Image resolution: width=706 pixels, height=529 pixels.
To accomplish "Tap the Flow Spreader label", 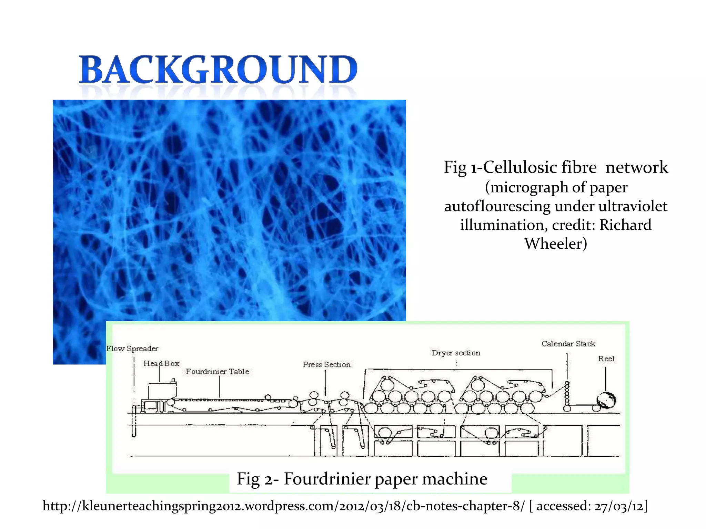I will point(132,349).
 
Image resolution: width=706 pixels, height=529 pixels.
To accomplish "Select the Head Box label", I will point(161,363).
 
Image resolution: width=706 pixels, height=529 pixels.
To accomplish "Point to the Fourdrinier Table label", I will point(217,371).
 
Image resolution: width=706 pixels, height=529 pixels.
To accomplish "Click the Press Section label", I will point(326,364).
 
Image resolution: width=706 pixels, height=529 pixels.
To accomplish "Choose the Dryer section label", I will point(456,353).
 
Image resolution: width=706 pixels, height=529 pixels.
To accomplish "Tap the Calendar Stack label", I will point(568,343).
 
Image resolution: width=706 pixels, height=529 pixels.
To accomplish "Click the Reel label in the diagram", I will point(606,359).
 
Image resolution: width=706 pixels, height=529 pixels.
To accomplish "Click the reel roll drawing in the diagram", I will point(606,400).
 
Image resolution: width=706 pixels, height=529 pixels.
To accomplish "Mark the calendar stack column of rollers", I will point(567,396).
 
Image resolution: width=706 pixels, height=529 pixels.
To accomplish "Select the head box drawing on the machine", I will point(162,391).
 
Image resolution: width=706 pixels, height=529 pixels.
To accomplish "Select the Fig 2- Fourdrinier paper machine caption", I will point(362,479).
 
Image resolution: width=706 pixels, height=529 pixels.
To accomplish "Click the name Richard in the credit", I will point(625,225).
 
